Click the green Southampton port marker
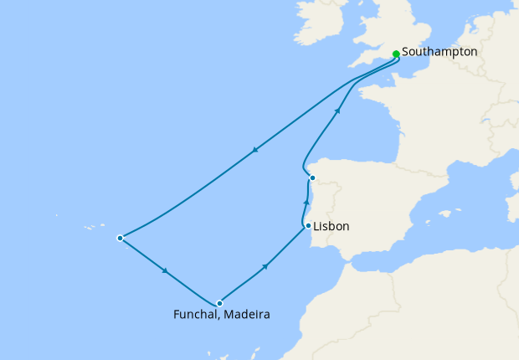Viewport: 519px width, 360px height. pyautogui.click(x=396, y=54)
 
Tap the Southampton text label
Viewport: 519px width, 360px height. pyautogui.click(x=439, y=52)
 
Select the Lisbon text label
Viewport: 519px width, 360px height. pyautogui.click(x=331, y=227)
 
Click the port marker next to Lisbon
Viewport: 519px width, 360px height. pyautogui.click(x=308, y=226)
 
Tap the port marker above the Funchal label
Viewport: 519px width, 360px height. pyautogui.click(x=219, y=303)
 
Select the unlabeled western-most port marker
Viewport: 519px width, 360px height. pyautogui.click(x=120, y=238)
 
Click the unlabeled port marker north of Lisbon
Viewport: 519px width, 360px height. pyautogui.click(x=312, y=177)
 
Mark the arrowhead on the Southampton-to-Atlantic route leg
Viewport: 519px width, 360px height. pyautogui.click(x=254, y=151)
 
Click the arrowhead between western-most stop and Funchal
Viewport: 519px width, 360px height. pyautogui.click(x=166, y=271)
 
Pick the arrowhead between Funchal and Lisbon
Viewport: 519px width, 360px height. pyautogui.click(x=265, y=266)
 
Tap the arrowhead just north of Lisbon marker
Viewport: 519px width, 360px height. pyautogui.click(x=306, y=203)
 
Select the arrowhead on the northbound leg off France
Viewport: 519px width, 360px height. pyautogui.click(x=337, y=110)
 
